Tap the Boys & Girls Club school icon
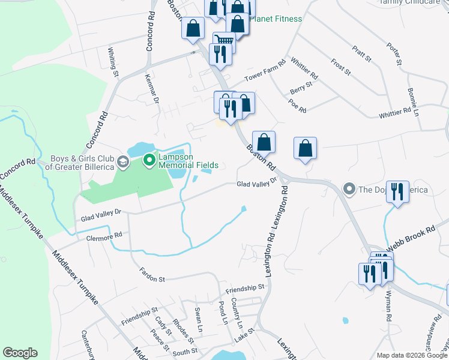[122, 162]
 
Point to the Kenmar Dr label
[152, 88]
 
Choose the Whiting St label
[113, 62]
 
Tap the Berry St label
[301, 86]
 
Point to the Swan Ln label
[198, 318]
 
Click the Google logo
[20, 353]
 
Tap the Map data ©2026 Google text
[412, 355]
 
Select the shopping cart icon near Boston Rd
[224, 41]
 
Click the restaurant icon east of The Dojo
[397, 192]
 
